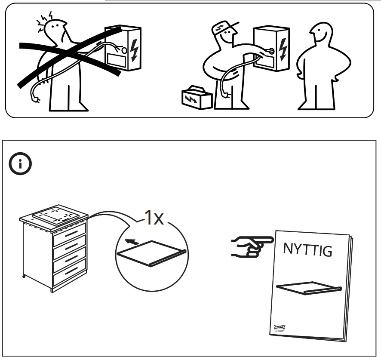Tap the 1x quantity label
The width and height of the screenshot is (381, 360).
[154, 218]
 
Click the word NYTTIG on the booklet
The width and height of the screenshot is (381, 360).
[307, 249]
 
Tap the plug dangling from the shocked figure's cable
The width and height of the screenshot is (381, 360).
[37, 100]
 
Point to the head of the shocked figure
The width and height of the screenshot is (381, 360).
[55, 31]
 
